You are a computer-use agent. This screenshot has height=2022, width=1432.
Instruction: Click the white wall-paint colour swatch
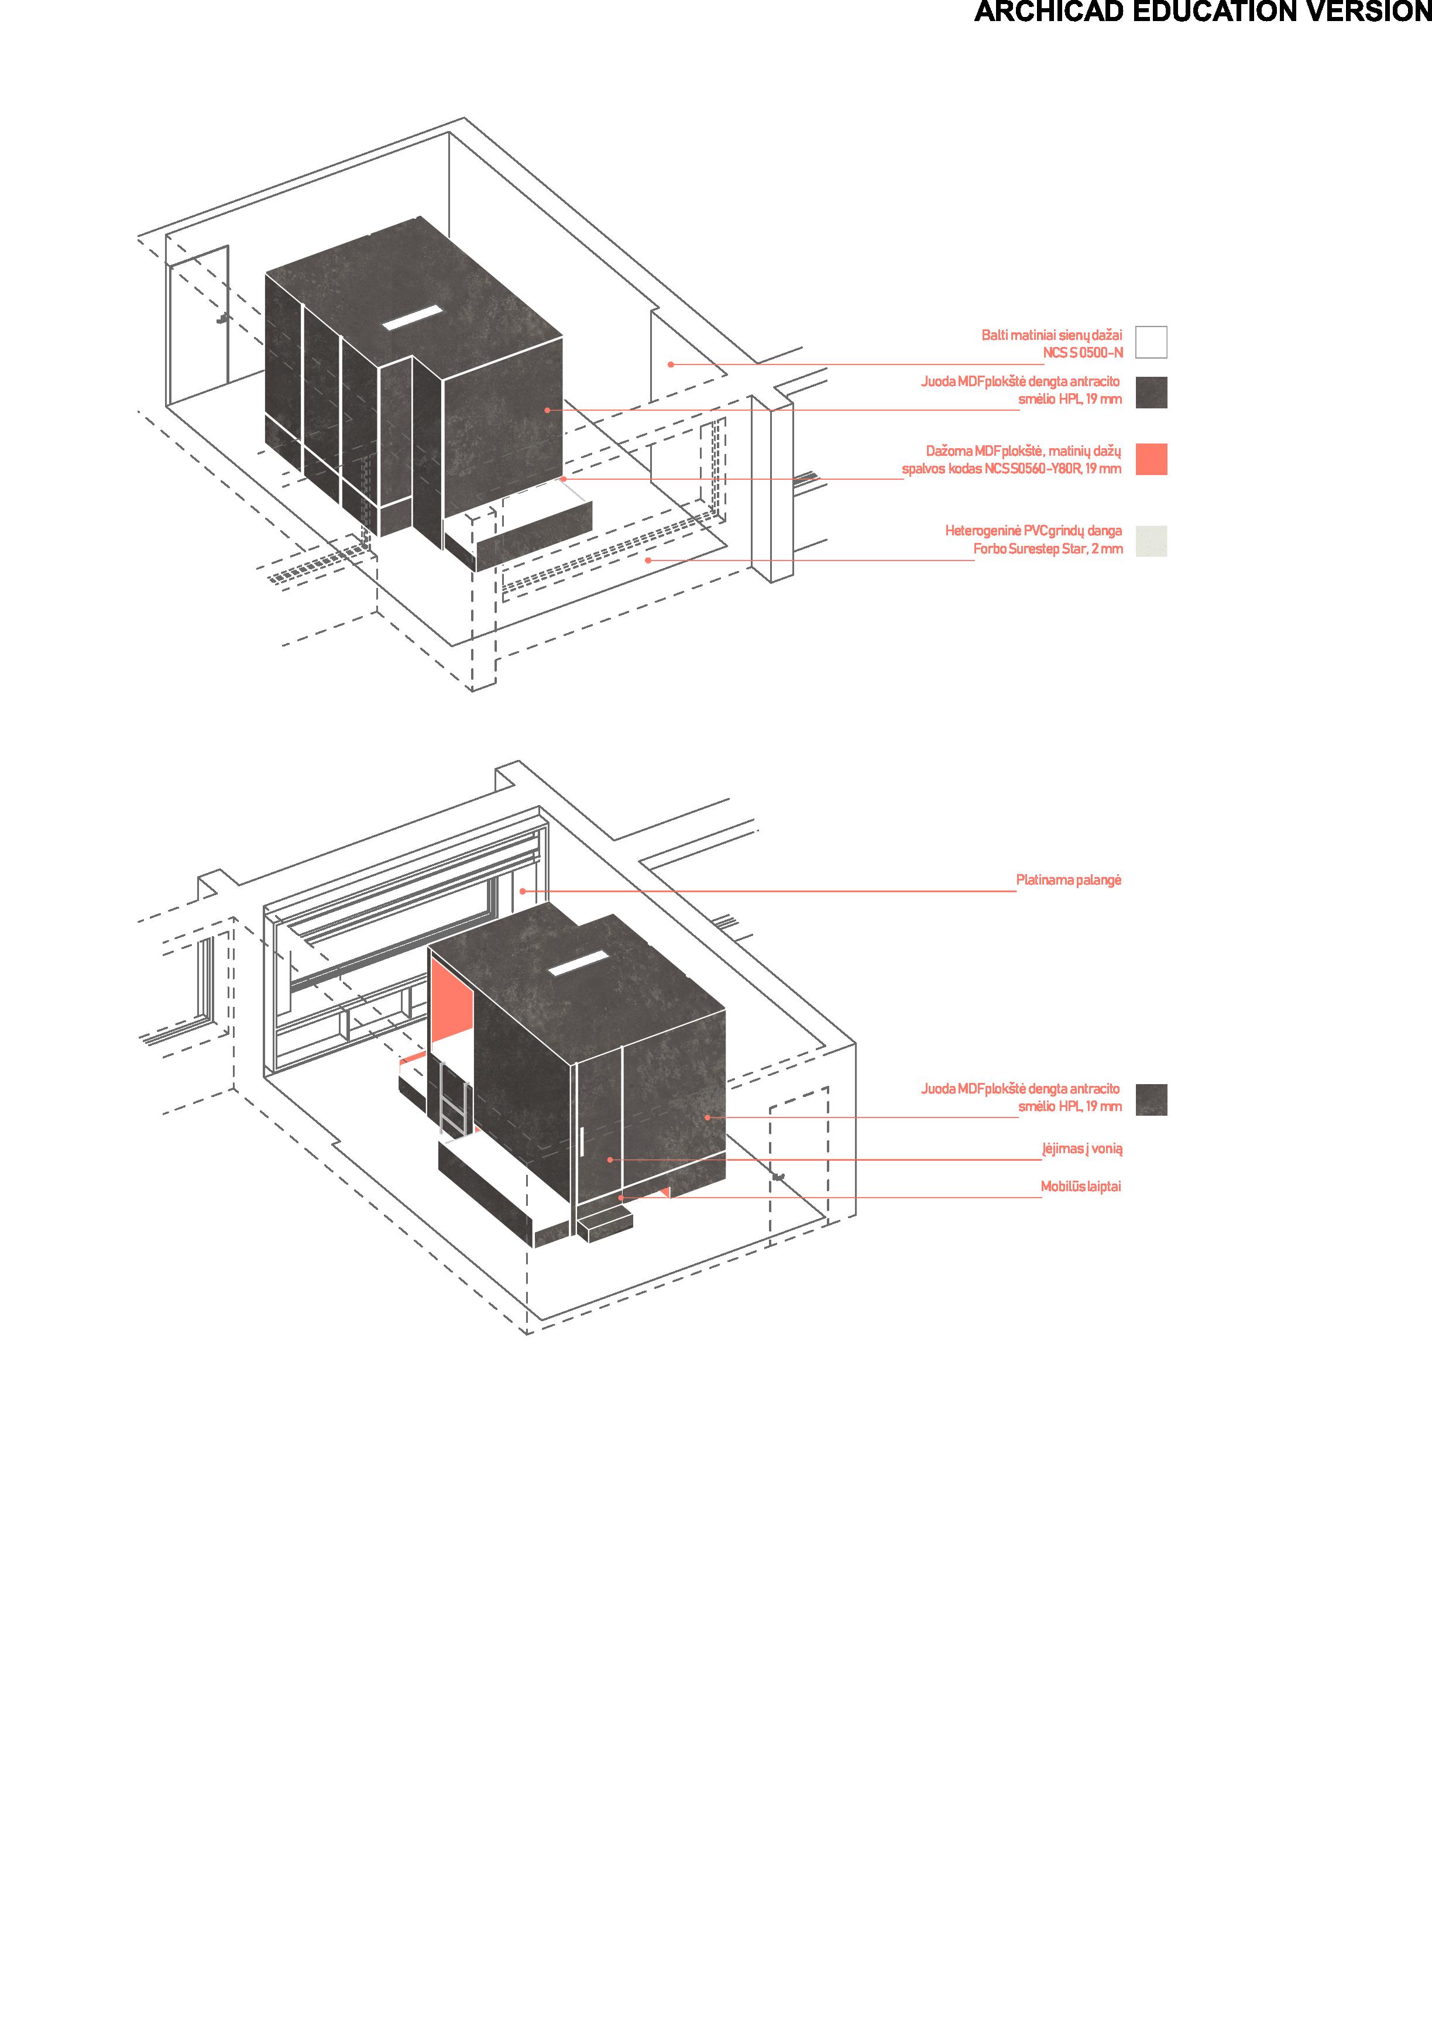[1151, 342]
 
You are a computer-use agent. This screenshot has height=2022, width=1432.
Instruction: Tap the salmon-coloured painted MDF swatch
[1151, 459]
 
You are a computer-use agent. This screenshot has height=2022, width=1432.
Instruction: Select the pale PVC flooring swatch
[1151, 541]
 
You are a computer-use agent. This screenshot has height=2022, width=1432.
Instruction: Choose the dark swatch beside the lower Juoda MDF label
[1151, 1100]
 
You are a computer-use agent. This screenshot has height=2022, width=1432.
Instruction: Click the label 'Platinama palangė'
[1068, 881]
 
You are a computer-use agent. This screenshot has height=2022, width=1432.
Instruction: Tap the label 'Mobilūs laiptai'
[1080, 1187]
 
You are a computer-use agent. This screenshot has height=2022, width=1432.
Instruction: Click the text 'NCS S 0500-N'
[1083, 353]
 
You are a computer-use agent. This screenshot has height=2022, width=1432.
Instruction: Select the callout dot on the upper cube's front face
[547, 410]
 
